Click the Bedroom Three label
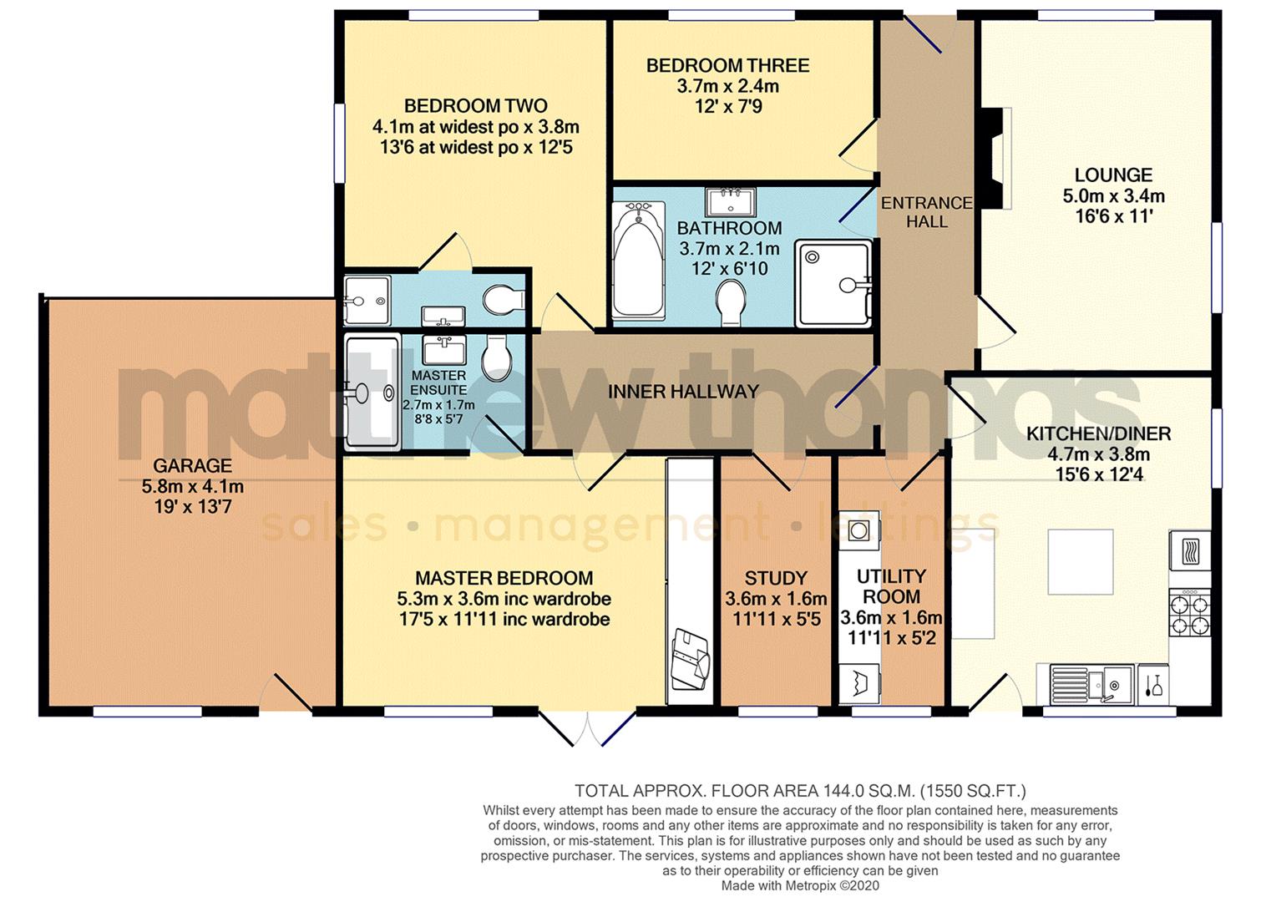727,66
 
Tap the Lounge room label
1113,175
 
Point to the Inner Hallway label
683,392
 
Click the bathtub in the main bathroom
639,261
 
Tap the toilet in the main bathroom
732,302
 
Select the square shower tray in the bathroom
833,283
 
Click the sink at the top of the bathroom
731,201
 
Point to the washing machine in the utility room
859,685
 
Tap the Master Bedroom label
504,579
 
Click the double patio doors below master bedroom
587,727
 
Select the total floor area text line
800,791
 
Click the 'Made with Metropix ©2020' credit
800,886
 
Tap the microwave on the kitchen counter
1190,551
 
